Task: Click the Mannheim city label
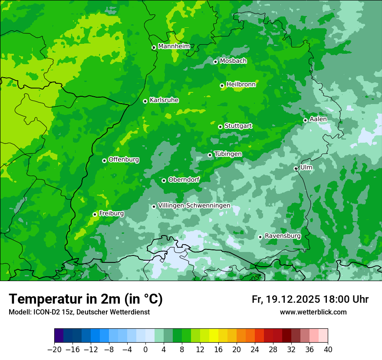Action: click(174, 46)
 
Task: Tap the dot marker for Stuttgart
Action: click(221, 127)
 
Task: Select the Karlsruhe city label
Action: click(164, 100)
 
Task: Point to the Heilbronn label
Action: click(241, 85)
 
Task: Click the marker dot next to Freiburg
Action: click(95, 214)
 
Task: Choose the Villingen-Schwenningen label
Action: click(194, 206)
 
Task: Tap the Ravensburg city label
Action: click(282, 236)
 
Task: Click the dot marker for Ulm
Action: click(296, 168)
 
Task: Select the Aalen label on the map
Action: click(318, 119)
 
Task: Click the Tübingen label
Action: click(228, 154)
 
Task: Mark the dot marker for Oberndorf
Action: click(164, 180)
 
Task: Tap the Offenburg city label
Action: click(124, 160)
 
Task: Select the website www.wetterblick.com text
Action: click(313, 312)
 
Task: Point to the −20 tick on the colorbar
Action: click(54, 350)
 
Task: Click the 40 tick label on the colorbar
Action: click(328, 350)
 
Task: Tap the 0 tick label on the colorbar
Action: click(145, 350)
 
